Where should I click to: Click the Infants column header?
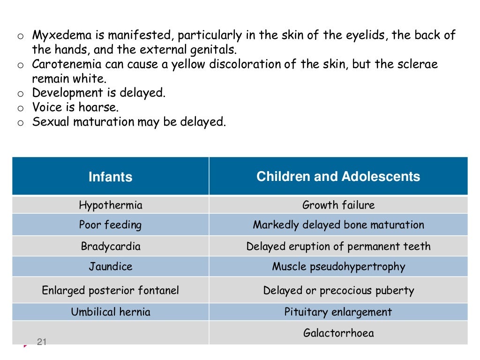point(111,177)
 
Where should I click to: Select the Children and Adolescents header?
point(338,176)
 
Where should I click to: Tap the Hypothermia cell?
point(111,205)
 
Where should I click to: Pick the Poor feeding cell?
point(110,225)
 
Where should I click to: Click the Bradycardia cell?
point(111,246)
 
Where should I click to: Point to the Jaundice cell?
point(111,267)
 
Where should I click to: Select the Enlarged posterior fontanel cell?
point(111,290)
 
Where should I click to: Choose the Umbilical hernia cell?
point(111,312)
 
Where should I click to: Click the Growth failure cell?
point(338,205)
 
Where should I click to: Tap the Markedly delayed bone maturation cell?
point(338,225)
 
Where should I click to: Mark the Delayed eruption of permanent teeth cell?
point(338,246)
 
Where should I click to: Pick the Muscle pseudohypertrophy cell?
point(338,267)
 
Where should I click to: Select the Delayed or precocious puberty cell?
point(338,290)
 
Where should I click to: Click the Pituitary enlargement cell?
point(338,312)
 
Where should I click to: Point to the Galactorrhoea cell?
point(338,333)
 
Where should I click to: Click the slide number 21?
point(42,343)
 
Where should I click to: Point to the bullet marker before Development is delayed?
point(21,94)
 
